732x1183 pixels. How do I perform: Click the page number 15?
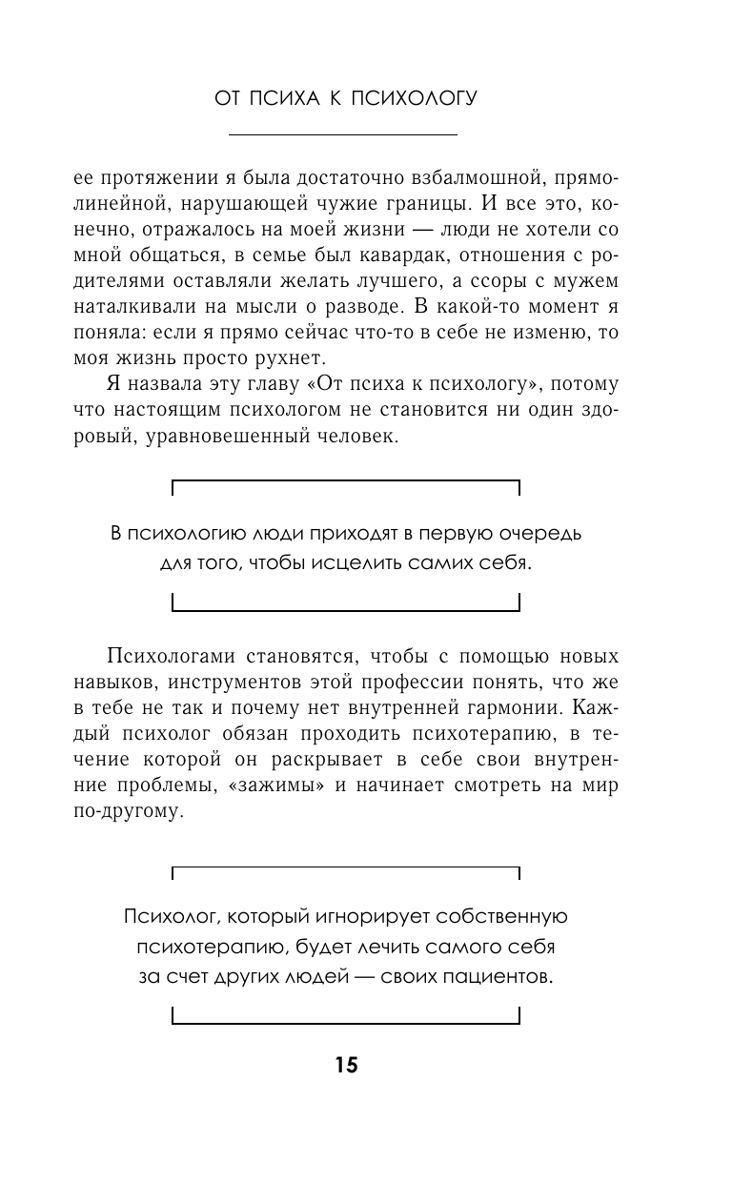pyautogui.click(x=346, y=1066)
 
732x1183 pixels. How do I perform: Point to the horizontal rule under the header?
pyautogui.click(x=344, y=134)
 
